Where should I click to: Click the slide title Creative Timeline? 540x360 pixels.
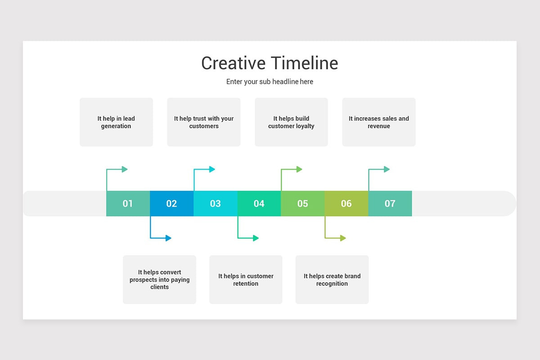tap(270, 63)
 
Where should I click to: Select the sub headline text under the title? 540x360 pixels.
tap(270, 82)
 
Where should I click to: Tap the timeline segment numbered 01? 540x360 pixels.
tap(128, 203)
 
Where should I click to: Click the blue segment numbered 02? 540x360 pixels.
tap(171, 203)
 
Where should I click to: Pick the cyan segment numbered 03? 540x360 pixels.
tap(215, 203)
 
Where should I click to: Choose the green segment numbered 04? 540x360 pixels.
tap(259, 203)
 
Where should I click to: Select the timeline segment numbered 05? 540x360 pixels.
tap(302, 203)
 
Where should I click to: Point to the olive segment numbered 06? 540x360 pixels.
tap(346, 203)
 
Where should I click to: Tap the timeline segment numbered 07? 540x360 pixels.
tap(390, 203)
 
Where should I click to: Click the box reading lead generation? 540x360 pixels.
tap(116, 122)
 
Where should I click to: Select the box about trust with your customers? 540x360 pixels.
tap(204, 122)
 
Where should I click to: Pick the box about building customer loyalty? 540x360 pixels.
tap(291, 122)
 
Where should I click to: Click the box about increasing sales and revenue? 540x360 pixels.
tap(379, 122)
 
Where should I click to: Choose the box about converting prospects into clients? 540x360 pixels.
tap(160, 279)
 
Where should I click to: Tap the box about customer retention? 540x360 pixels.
tap(246, 279)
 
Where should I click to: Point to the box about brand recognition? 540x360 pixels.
tap(332, 279)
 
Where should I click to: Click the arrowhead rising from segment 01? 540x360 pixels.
tap(125, 169)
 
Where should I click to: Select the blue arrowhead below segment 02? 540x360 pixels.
tap(168, 238)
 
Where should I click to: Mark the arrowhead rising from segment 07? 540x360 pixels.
tap(387, 169)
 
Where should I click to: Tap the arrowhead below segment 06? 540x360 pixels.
tap(343, 238)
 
